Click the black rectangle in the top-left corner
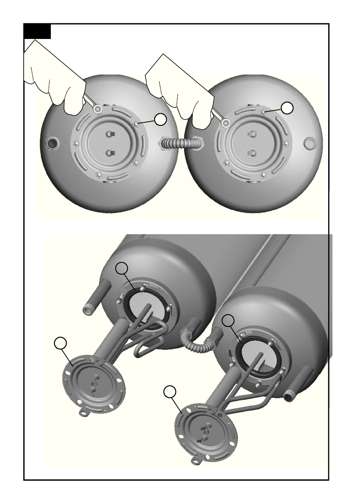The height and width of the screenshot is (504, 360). coord(37,31)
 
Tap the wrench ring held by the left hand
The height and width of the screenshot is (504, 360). coord(98,109)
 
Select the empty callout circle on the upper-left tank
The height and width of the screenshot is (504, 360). coord(160,120)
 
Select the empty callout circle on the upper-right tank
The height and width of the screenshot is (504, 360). coord(288,108)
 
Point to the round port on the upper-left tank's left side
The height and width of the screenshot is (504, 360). coord(53,143)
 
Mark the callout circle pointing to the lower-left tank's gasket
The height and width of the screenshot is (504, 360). coord(122,268)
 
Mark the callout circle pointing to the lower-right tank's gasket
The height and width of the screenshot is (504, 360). coord(228,321)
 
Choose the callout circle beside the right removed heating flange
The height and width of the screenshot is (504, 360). coord(170,392)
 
